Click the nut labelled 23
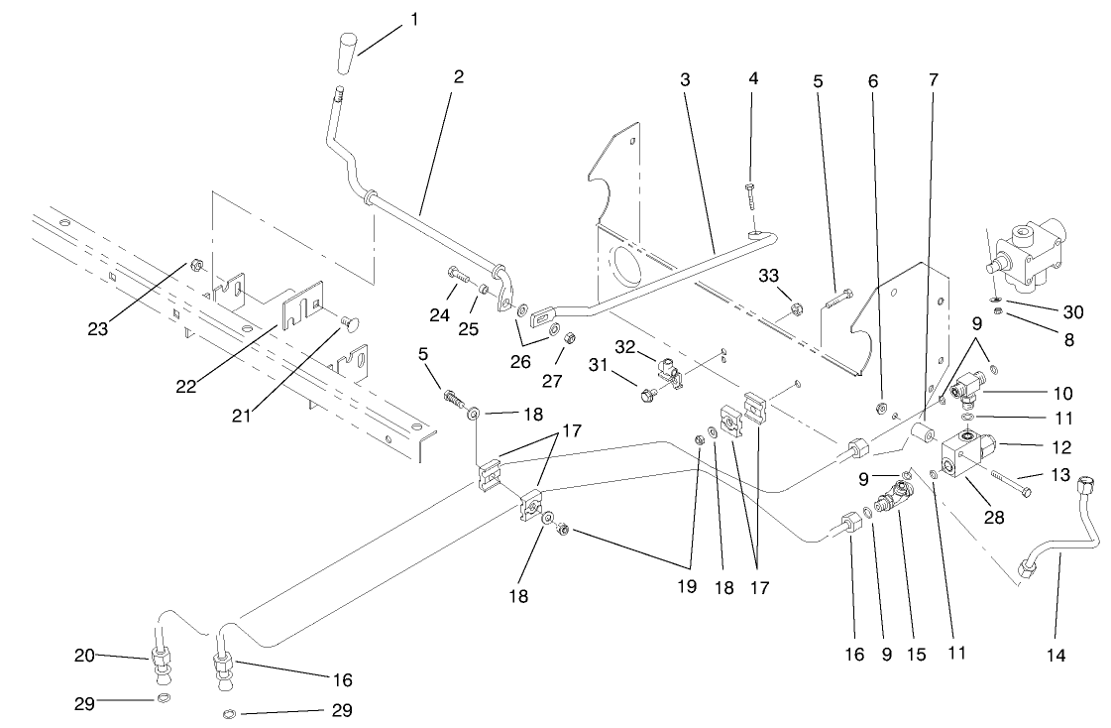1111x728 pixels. pyautogui.click(x=196, y=266)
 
